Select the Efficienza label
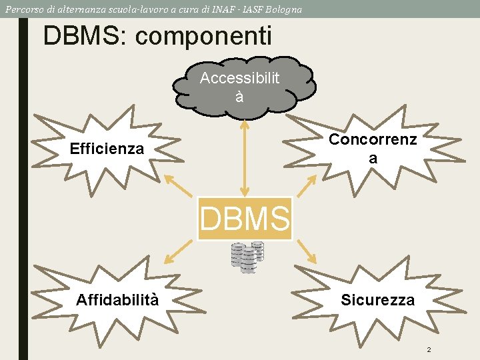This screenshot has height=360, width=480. tap(107, 149)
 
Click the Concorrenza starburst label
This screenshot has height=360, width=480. tap(373, 148)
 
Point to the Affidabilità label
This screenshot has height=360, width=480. tap(117, 299)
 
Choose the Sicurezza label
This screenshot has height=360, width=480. tap(377, 300)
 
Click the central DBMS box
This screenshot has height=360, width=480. tap(245, 219)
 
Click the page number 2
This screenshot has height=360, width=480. tap(429, 350)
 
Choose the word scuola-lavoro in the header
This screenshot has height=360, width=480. tap(142, 9)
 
